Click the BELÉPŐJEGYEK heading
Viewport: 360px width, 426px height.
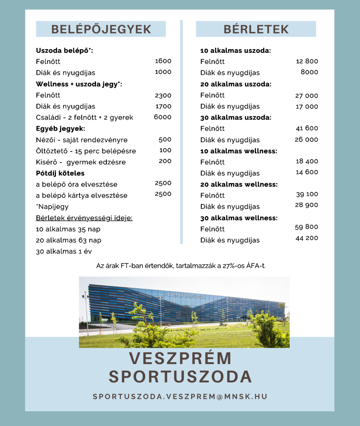coord(101,29)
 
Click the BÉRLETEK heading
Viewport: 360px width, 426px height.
coord(256,29)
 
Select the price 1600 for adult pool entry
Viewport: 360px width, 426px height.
coord(163,61)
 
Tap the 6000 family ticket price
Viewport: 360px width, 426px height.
coord(163,117)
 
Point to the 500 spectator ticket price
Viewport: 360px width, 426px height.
coord(165,139)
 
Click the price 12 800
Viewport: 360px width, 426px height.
coord(307,61)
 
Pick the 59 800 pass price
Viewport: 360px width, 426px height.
coord(307,227)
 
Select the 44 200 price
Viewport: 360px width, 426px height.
coord(307,238)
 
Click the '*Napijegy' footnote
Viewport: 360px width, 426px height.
coord(52,207)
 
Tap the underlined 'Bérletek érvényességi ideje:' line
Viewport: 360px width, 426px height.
coord(84,218)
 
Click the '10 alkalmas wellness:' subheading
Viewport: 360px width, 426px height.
coord(239,151)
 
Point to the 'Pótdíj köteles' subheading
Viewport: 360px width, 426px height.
coord(60,173)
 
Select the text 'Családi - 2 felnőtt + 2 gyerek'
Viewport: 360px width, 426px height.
coord(84,117)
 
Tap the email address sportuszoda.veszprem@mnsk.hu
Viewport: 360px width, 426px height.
coord(180,397)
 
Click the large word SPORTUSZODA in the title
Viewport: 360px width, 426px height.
coord(180,376)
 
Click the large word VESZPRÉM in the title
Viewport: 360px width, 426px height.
coord(180,358)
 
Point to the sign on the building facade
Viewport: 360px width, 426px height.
coord(185,295)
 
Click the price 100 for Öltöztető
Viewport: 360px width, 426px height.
coord(165,150)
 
